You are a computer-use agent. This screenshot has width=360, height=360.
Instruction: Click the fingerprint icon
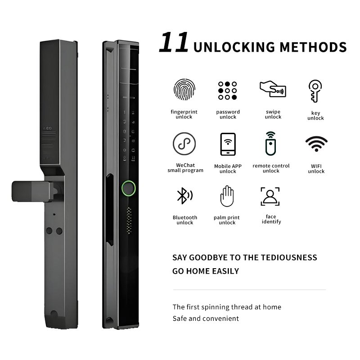pyautogui.click(x=184, y=89)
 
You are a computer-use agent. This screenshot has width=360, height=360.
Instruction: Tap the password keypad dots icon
pyautogui.click(x=228, y=90)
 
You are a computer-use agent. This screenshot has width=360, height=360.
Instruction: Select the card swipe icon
pyautogui.click(x=273, y=89)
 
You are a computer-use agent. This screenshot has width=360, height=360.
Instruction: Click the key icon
pyautogui.click(x=315, y=91)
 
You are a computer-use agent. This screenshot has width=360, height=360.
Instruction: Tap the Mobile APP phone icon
pyautogui.click(x=228, y=144)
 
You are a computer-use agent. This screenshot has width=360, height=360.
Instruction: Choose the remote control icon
pyautogui.click(x=271, y=144)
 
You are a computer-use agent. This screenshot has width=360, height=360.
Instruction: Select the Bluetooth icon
pyautogui.click(x=184, y=196)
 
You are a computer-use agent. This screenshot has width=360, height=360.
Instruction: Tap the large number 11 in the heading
pyautogui.click(x=174, y=42)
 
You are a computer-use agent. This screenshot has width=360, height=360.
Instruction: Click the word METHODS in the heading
pyautogui.click(x=313, y=47)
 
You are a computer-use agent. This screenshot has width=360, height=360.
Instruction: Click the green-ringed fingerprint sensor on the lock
pyautogui.click(x=129, y=188)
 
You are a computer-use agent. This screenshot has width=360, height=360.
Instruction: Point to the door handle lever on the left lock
pyautogui.click(x=32, y=192)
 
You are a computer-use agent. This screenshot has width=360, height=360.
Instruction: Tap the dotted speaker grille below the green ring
pyautogui.click(x=129, y=220)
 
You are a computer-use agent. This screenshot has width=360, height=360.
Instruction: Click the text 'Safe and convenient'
pyautogui.click(x=206, y=319)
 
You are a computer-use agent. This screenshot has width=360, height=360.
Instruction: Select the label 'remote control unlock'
pyautogui.click(x=271, y=168)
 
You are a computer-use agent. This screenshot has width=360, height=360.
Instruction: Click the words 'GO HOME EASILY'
pyautogui.click(x=206, y=271)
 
